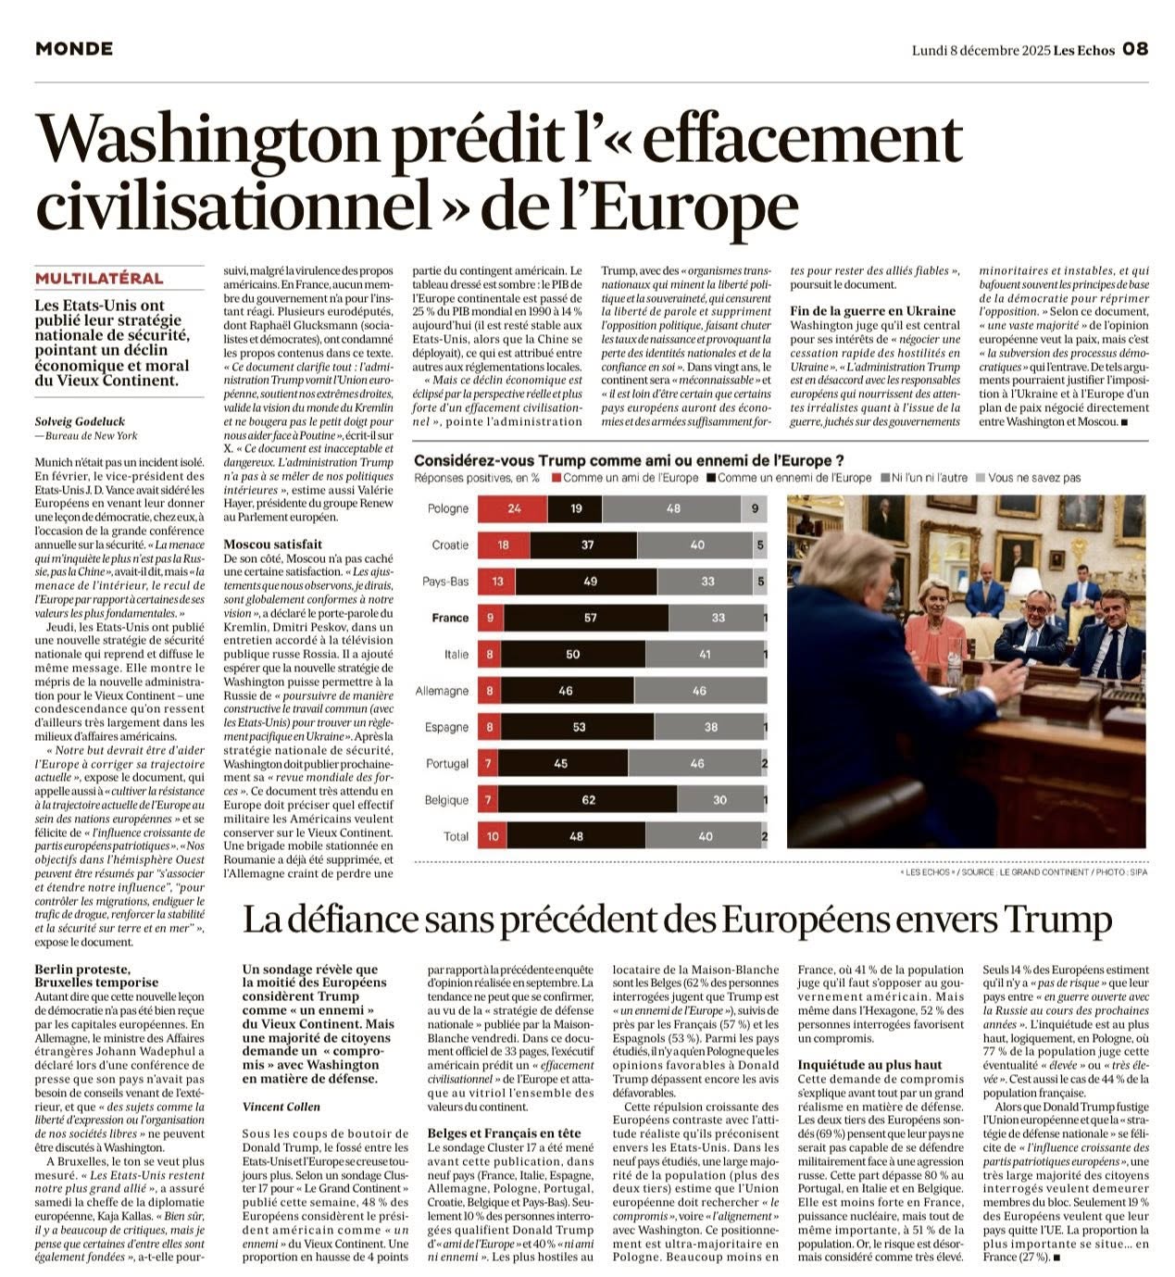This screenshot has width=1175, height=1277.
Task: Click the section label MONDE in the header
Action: pyautogui.click(x=74, y=49)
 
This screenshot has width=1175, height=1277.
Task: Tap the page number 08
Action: pyautogui.click(x=1135, y=49)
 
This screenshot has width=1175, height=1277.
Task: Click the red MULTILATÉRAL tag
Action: pyautogui.click(x=99, y=279)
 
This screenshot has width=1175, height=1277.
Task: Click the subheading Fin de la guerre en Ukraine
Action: pyautogui.click(x=872, y=311)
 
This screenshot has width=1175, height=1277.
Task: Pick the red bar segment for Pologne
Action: pyautogui.click(x=514, y=508)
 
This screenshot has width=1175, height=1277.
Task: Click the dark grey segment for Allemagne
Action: pyautogui.click(x=699, y=691)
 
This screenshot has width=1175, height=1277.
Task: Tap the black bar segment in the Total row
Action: pyautogui.click(x=576, y=836)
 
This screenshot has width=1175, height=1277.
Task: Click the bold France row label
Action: pyautogui.click(x=450, y=618)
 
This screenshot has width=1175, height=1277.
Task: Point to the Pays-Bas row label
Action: pyautogui.click(x=445, y=582)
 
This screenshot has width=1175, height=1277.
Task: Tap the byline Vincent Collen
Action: pyautogui.click(x=281, y=1107)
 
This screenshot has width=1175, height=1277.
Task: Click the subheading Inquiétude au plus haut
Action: pyautogui.click(x=869, y=1065)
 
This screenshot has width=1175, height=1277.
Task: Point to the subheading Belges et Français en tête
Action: pyautogui.click(x=505, y=1133)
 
